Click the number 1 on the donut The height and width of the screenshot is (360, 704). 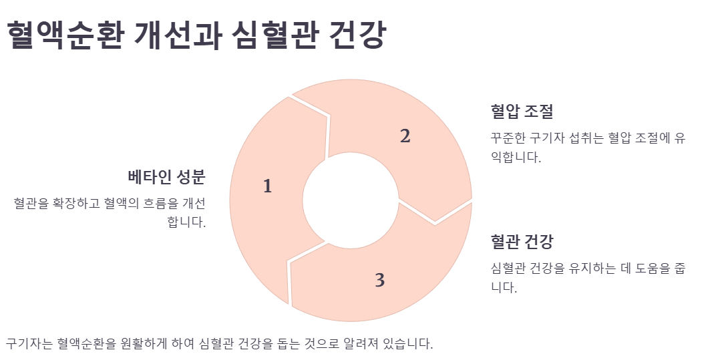click(268, 186)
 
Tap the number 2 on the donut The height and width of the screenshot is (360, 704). click(405, 136)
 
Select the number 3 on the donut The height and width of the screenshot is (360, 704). click(379, 281)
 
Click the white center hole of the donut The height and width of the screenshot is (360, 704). click(350, 201)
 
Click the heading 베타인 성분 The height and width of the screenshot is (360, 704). click(166, 178)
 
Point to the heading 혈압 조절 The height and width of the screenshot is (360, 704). click(522, 111)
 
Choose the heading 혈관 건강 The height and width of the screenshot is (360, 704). click(522, 241)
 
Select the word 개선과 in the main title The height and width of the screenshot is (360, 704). click(174, 35)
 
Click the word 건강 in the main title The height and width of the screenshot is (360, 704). click(357, 35)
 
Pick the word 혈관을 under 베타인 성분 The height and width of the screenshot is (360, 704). click(32, 203)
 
